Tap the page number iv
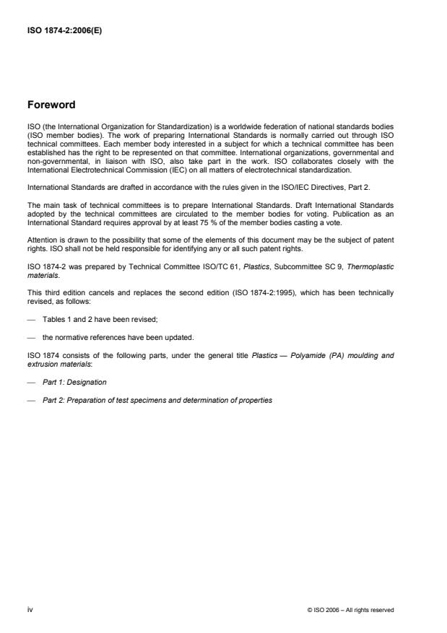30,609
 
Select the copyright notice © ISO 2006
350,610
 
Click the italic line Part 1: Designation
74,382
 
